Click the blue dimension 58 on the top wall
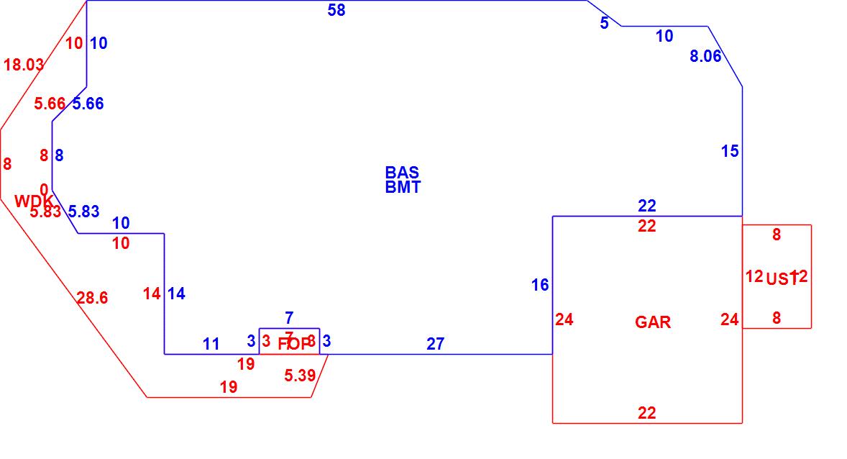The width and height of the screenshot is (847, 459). [x=336, y=10]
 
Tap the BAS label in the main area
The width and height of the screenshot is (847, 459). [x=402, y=173]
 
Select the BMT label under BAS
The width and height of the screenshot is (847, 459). [x=403, y=188]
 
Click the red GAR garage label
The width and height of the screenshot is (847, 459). [x=653, y=322]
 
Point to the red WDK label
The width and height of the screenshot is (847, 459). [x=33, y=201]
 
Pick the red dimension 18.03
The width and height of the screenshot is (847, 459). [x=24, y=65]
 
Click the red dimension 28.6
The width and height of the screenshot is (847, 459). [x=92, y=298]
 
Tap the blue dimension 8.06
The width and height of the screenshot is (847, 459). [x=705, y=56]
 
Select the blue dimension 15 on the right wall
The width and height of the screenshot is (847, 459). [x=730, y=151]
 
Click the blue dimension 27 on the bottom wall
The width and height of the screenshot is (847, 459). [x=435, y=344]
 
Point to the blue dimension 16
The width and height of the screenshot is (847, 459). [x=540, y=286]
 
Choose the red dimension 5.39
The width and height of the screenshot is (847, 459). [x=299, y=375]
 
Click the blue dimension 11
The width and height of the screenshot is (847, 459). [x=211, y=344]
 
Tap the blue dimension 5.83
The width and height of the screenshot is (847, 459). [x=83, y=212]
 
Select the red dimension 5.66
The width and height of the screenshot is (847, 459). [x=50, y=104]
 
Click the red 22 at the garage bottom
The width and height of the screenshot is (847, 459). [x=646, y=413]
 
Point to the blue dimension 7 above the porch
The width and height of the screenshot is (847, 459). [x=289, y=317]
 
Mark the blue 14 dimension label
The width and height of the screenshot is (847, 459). [x=176, y=294]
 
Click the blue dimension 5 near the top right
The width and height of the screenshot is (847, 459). [x=604, y=23]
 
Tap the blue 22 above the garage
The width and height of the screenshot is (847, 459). [x=646, y=206]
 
